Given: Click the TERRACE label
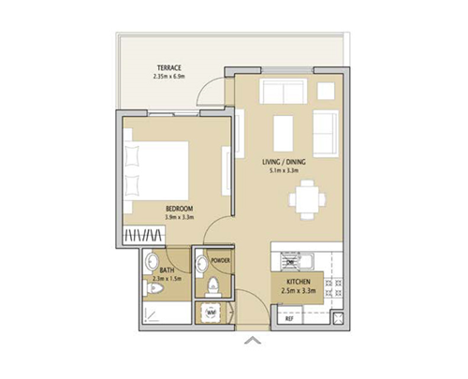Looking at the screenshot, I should click(x=169, y=67).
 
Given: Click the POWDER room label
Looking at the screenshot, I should click(x=221, y=260).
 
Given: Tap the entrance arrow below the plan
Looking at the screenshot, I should click(x=252, y=342).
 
